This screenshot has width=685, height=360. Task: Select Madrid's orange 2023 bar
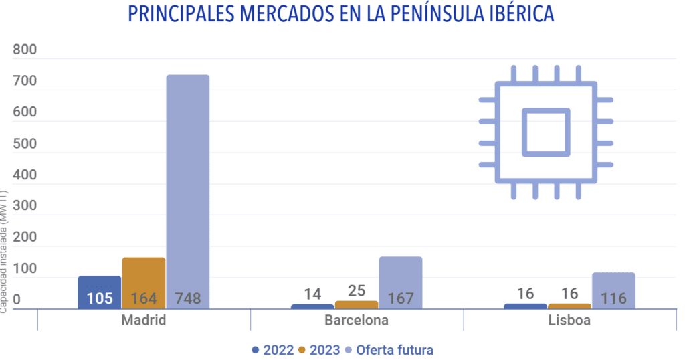pos(144,274)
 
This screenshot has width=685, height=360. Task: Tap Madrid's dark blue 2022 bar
pos(100,284)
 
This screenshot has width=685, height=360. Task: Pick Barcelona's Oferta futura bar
pos(400,274)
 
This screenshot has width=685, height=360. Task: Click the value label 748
pos(187,298)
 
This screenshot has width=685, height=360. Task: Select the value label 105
pos(100,298)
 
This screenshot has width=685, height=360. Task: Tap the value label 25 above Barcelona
pos(357,291)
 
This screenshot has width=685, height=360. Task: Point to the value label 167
pos(400,298)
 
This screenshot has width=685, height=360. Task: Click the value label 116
pos(613,298)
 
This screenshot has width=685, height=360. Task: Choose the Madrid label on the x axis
pos(144,320)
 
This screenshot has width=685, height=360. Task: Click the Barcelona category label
pos(357,320)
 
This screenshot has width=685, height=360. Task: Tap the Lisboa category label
pos(569,320)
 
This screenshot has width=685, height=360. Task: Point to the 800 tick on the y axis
pos(25,51)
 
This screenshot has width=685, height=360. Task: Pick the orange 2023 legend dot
pos(302,350)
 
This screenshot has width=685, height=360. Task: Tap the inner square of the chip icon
pos(545,132)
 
